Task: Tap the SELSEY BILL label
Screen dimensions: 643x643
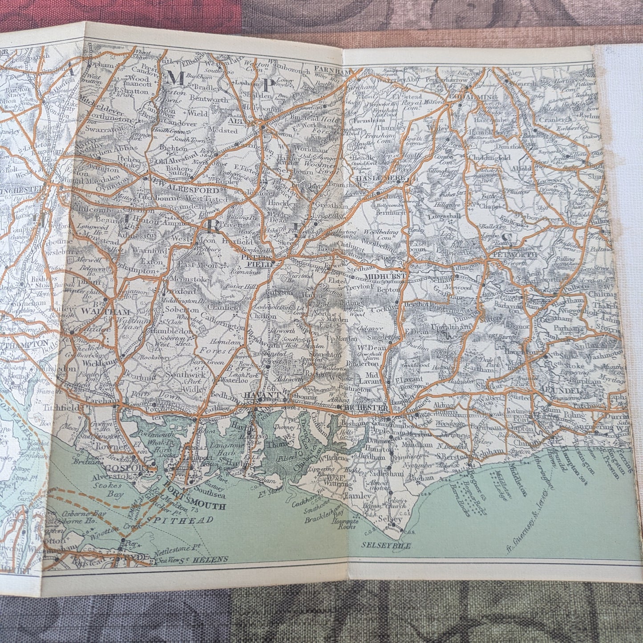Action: pyautogui.click(x=385, y=545)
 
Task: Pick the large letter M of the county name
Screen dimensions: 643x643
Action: pyautogui.click(x=175, y=78)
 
